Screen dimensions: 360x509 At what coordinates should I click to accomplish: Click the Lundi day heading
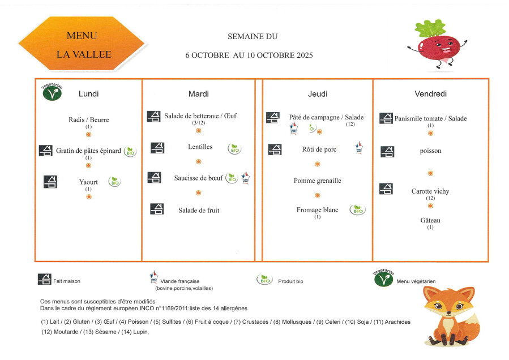(x=88, y=94)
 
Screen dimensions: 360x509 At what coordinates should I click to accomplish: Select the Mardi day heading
(x=199, y=94)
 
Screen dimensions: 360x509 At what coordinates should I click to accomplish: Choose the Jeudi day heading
(x=318, y=94)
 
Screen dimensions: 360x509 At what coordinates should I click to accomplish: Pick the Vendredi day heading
(x=430, y=94)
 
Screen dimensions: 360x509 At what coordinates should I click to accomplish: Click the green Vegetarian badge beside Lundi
(x=52, y=92)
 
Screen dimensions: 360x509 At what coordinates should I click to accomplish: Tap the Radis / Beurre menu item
(x=88, y=120)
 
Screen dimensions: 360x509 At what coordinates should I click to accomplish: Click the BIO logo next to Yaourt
(x=114, y=182)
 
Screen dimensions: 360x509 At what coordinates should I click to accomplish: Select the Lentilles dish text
(x=200, y=147)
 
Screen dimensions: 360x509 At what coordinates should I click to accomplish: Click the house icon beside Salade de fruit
(x=157, y=209)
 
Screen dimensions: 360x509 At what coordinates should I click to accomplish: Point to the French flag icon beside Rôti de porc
(x=358, y=148)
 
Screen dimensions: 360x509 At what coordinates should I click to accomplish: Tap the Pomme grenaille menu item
(x=317, y=181)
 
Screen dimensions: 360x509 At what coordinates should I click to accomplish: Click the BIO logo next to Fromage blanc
(x=357, y=209)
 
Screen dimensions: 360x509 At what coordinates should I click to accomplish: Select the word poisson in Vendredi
(x=430, y=151)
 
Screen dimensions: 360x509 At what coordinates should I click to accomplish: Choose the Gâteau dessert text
(x=430, y=220)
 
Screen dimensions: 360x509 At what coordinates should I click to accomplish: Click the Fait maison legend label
(x=67, y=281)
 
